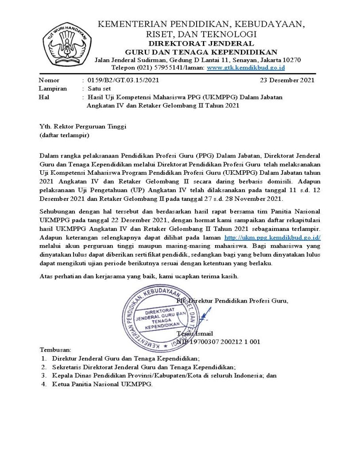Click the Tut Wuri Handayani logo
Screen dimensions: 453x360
[x=66, y=45]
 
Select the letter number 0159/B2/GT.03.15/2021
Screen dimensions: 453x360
[x=123, y=80]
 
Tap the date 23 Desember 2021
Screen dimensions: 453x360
[x=287, y=80]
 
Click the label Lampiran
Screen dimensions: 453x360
[x=53, y=88]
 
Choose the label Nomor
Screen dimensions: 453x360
[x=49, y=80]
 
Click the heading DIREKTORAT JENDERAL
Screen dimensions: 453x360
[x=201, y=43]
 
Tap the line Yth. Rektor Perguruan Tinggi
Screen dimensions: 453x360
[x=83, y=127]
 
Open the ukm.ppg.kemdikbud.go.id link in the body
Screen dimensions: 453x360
[x=273, y=238]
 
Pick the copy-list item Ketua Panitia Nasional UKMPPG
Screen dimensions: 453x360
[x=102, y=384]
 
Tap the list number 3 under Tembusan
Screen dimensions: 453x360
[x=44, y=376]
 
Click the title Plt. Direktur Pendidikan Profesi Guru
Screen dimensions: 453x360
[x=232, y=301]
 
